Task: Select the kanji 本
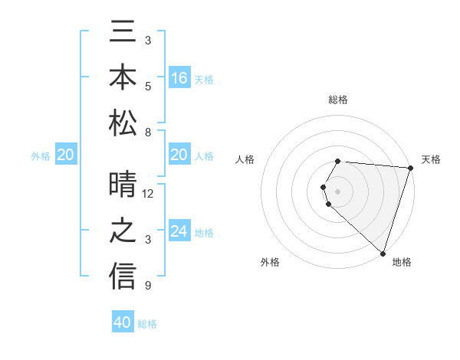coord(123,80)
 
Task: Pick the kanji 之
coord(123,233)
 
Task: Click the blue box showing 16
coord(179,78)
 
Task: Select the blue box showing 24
coord(179,232)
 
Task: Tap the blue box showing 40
coord(123,322)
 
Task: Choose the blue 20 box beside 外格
coord(65,155)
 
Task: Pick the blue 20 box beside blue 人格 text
coord(179,155)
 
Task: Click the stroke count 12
coord(148,193)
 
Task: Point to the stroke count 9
coord(148,286)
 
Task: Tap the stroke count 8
coord(148,133)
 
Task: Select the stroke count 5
coord(148,86)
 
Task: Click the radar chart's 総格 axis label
coord(338,100)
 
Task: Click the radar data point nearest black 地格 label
coord(383,253)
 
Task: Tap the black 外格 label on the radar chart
coord(271,262)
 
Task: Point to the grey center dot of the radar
coord(338,190)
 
